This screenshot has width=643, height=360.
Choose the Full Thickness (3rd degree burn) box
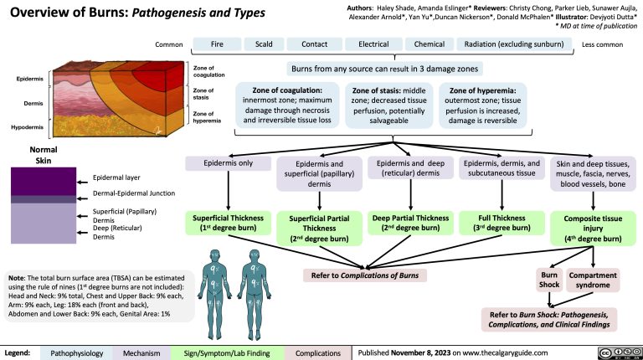click(x=502, y=223)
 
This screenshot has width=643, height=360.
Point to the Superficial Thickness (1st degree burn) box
click(x=226, y=223)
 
